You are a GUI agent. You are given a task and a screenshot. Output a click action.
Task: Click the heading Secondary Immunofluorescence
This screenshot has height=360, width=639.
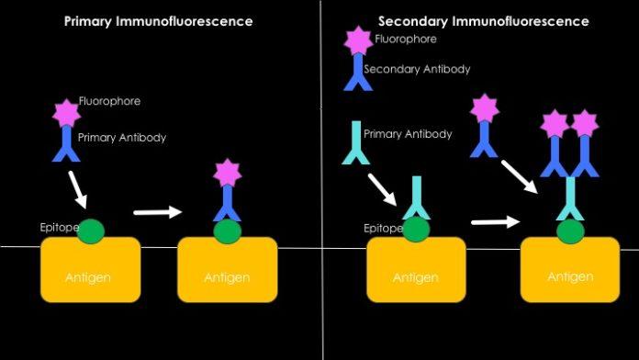point(484,21)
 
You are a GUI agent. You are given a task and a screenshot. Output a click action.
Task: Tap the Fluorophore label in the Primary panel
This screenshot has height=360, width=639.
point(109,101)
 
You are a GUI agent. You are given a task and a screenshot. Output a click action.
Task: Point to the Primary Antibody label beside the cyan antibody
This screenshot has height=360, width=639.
point(408,134)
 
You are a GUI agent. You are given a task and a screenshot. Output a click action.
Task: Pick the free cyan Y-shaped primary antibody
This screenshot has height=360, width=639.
point(354,144)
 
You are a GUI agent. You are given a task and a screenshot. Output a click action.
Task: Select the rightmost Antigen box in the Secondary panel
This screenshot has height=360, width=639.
point(570,276)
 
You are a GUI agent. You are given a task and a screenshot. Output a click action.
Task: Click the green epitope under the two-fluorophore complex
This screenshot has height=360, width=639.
point(570,231)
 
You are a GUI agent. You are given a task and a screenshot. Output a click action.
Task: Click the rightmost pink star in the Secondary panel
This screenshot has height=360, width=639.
point(585,121)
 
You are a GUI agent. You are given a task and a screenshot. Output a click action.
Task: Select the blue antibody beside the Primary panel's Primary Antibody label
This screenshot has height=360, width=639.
point(67,143)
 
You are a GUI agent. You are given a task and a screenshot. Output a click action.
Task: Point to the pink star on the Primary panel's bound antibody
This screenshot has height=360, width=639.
point(227,172)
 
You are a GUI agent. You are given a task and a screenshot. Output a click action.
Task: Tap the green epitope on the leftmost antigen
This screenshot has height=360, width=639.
point(91,231)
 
